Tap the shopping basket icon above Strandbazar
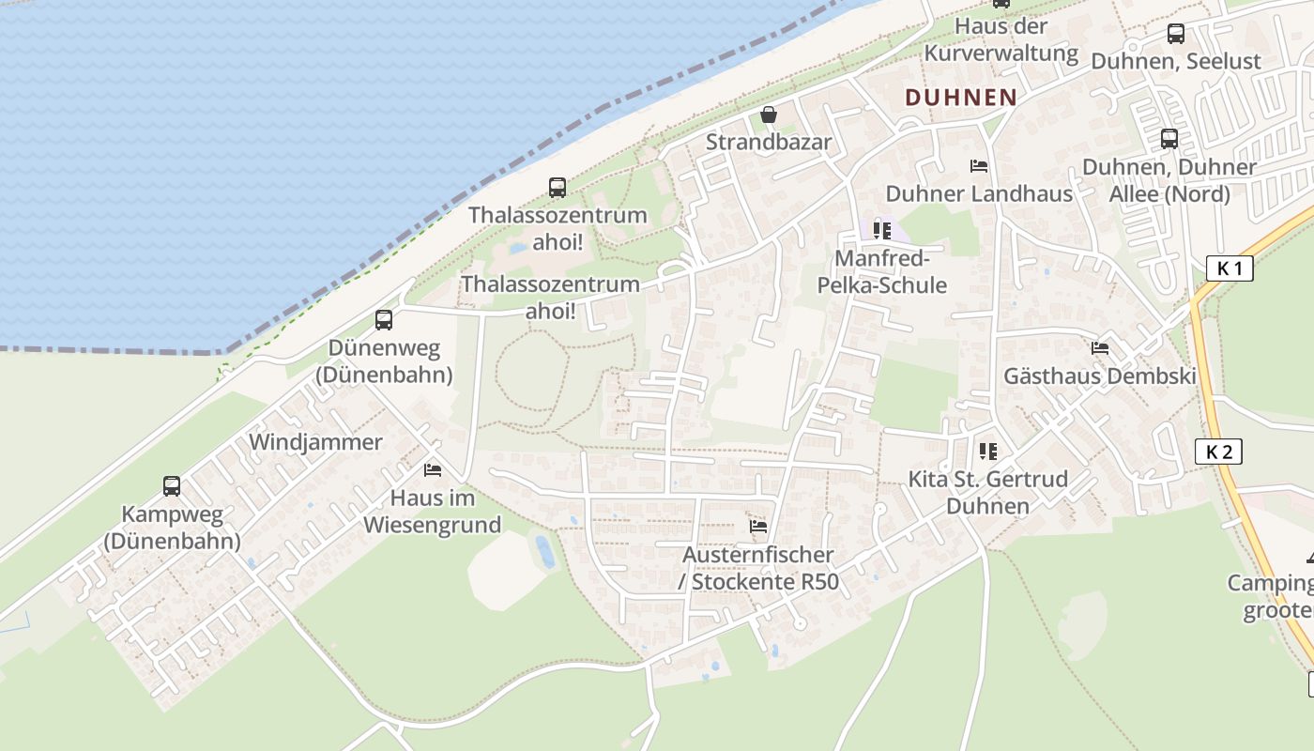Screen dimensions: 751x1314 769,115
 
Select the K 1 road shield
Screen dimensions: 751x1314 1230,268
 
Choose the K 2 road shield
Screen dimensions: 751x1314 1218,452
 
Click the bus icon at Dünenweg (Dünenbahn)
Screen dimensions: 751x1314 384,320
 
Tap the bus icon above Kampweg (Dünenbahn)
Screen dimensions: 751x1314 172,486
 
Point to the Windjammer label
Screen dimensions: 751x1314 315,442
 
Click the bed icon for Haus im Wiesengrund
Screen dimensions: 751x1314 432,469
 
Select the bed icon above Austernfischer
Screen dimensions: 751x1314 758,527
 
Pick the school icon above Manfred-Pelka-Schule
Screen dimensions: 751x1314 881,230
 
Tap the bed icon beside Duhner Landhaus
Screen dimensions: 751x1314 979,166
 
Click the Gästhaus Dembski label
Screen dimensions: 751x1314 1100,376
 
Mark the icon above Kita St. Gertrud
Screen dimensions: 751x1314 987,452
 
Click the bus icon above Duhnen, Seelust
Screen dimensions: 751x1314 1176,35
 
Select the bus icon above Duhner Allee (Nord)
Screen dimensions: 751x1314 1169,139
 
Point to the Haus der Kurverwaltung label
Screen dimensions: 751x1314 1001,39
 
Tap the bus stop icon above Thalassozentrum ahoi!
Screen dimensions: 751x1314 558,188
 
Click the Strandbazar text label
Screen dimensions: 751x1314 769,143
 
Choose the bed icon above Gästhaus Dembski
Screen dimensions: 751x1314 1100,348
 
